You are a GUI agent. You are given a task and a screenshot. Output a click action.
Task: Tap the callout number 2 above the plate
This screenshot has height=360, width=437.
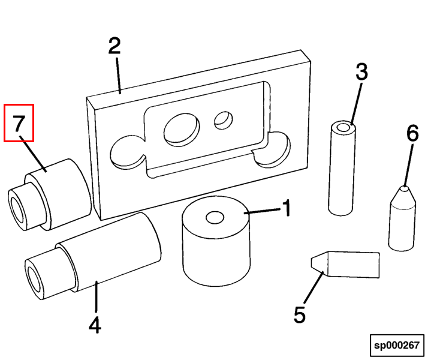[x=114, y=46]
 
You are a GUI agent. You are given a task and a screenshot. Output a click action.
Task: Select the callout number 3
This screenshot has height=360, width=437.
[x=361, y=72]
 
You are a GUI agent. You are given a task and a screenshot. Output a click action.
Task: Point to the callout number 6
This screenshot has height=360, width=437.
[x=412, y=133]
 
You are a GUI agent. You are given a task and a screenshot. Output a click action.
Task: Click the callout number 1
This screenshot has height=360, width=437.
[x=287, y=208]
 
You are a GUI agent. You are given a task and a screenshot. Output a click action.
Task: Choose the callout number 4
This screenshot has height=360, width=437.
[x=95, y=325]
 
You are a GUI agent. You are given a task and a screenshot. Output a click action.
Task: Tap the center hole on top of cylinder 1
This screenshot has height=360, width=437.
[x=214, y=217]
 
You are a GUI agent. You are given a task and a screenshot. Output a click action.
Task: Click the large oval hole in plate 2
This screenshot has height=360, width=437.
[x=181, y=129]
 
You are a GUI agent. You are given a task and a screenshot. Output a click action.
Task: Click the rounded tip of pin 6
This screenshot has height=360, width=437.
[x=405, y=189]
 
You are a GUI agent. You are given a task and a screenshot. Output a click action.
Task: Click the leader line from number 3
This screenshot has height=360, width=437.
[x=354, y=102]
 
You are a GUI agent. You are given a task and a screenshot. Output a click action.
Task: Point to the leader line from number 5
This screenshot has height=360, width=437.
[x=313, y=289]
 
